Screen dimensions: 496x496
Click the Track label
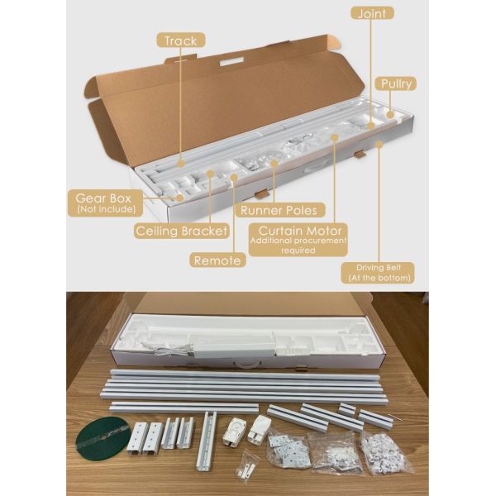click(x=180, y=41)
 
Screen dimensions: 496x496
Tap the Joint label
click(x=372, y=13)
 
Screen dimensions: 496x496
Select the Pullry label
click(x=396, y=83)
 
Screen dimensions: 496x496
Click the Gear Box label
click(x=105, y=203)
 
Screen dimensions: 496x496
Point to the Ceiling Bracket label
click(x=182, y=231)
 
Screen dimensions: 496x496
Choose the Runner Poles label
click(x=280, y=210)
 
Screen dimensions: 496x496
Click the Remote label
click(x=217, y=260)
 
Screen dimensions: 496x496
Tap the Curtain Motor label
click(x=298, y=240)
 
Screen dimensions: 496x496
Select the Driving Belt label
click(x=379, y=273)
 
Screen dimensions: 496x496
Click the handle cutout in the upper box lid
click(x=231, y=61)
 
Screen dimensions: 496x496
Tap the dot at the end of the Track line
click(x=180, y=163)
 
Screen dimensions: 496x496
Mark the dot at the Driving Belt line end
click(x=379, y=145)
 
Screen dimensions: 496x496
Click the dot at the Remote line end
click(x=234, y=178)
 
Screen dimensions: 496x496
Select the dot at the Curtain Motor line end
click(x=334, y=137)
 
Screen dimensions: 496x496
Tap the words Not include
click(x=107, y=209)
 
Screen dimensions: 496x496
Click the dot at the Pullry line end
click(x=390, y=115)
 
